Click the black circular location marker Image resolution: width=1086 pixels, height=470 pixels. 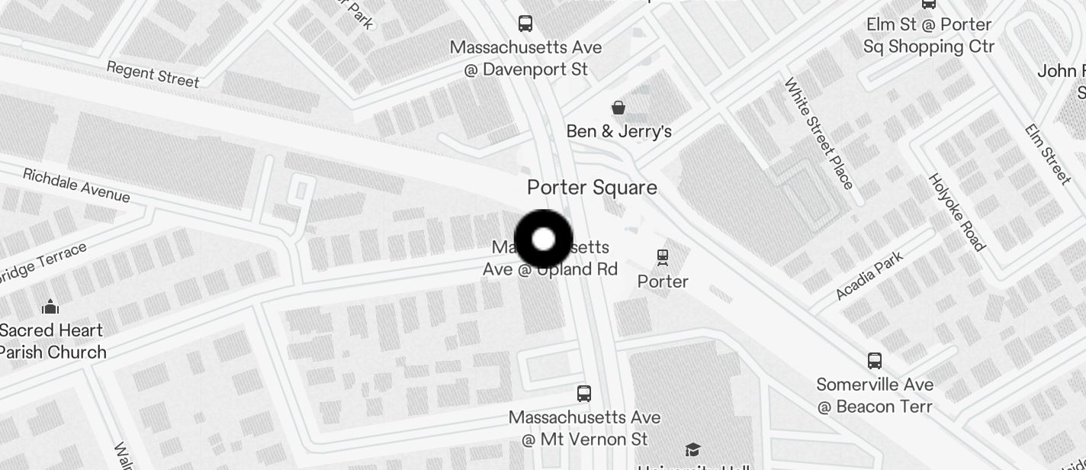click(x=544, y=240)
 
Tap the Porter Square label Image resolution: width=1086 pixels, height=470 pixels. click(x=592, y=188)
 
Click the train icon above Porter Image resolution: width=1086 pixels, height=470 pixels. click(x=663, y=258)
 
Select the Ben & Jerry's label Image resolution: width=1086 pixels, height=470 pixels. click(x=619, y=131)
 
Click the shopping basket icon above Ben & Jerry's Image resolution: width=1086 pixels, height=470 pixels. click(x=619, y=108)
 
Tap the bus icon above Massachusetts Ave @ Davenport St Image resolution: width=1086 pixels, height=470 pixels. click(x=525, y=24)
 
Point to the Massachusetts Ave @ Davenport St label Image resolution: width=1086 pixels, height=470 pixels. click(x=525, y=58)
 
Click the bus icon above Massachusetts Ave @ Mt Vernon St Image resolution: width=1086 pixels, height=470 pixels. click(x=584, y=394)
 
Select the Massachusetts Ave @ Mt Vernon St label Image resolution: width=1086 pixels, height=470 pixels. click(x=584, y=428)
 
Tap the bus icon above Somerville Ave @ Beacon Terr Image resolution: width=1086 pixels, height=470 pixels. click(x=875, y=360)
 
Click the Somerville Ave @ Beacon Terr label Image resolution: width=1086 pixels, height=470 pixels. click(x=875, y=395)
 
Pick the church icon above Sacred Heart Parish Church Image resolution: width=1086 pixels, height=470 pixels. click(x=50, y=307)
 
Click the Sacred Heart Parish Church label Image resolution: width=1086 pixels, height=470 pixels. click(x=51, y=341)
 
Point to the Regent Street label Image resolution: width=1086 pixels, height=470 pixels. click(x=153, y=74)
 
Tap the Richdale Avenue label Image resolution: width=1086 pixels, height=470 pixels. click(x=76, y=185)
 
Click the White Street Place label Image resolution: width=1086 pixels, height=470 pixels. click(x=819, y=134)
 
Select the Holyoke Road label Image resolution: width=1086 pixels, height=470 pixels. click(x=956, y=211)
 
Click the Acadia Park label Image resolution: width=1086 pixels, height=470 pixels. click(x=869, y=275)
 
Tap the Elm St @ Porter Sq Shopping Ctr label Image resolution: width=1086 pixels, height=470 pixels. click(x=929, y=36)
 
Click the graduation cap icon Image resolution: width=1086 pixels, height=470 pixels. click(x=692, y=449)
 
